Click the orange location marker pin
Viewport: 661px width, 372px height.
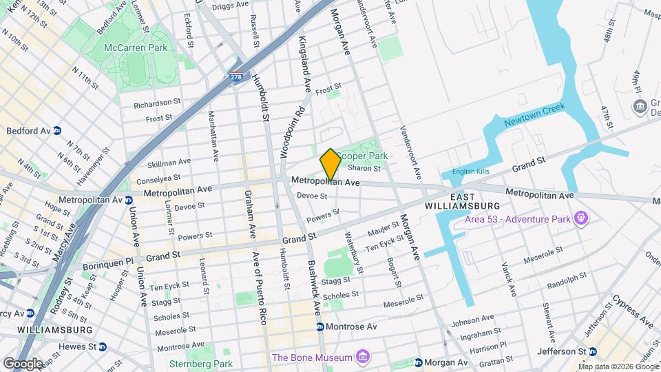(330, 164)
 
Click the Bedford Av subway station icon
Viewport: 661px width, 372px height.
(58, 130)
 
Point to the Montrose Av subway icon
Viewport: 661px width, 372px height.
(320, 327)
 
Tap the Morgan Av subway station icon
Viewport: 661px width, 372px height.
(418, 362)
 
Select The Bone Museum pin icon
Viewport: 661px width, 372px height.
(363, 357)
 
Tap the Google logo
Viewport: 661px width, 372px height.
(22, 363)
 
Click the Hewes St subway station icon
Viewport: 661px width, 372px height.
(103, 347)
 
